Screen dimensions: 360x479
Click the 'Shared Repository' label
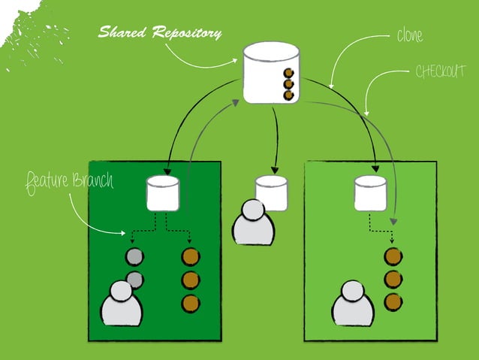tap(160, 33)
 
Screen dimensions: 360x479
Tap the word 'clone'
tap(409, 35)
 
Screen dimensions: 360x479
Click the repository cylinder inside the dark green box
tap(163, 192)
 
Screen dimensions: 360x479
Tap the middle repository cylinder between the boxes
tap(271, 192)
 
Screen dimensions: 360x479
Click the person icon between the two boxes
tap(253, 223)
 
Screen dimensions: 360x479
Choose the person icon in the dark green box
tap(122, 304)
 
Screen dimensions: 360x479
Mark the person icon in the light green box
tap(353, 304)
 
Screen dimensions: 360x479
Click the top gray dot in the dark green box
tap(134, 257)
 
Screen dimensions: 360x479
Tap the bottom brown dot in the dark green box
tap(191, 304)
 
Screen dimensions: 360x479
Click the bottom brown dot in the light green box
tap(393, 303)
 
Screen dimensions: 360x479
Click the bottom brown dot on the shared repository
tap(288, 95)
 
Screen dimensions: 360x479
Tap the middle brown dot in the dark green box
tap(191, 280)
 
